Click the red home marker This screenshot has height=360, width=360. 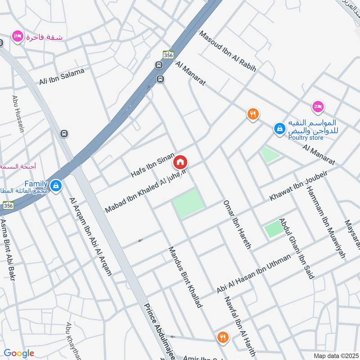(180, 162)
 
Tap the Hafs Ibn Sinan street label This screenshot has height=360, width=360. (152, 165)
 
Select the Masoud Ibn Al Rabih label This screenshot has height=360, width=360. (228, 51)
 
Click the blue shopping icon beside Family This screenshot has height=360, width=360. (56, 185)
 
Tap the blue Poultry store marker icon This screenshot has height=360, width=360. (280, 129)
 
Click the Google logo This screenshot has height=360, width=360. (19, 353)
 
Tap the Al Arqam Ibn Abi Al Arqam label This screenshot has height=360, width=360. (90, 236)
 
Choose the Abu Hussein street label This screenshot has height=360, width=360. (18, 114)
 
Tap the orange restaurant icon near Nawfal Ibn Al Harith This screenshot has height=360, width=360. (222, 337)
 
